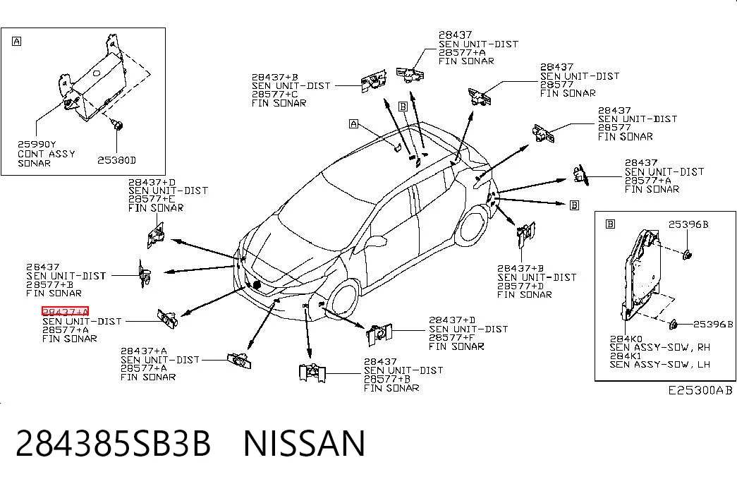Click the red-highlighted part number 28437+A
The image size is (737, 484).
pos(66,311)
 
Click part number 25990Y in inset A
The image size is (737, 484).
pos(37,145)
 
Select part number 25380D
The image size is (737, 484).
pos(116,160)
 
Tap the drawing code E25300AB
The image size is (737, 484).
pos(700,390)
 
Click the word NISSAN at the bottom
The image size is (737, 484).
pos(304,443)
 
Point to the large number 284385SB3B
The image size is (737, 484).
pos(114,443)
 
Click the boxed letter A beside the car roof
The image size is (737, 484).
pos(353,123)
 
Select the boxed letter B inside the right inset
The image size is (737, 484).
pos(610,224)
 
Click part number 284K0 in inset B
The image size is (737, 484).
pos(626,339)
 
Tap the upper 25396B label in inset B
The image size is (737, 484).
pos(688,224)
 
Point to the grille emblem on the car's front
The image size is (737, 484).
pos(257,284)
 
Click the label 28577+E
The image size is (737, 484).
pos(152,199)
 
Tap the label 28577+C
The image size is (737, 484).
pos(274,94)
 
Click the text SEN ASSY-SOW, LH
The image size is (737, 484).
pos(660,364)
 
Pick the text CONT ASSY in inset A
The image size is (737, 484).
pos(47,154)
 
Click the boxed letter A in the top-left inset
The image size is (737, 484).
pos(16,42)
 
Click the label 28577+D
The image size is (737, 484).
pos(520,286)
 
